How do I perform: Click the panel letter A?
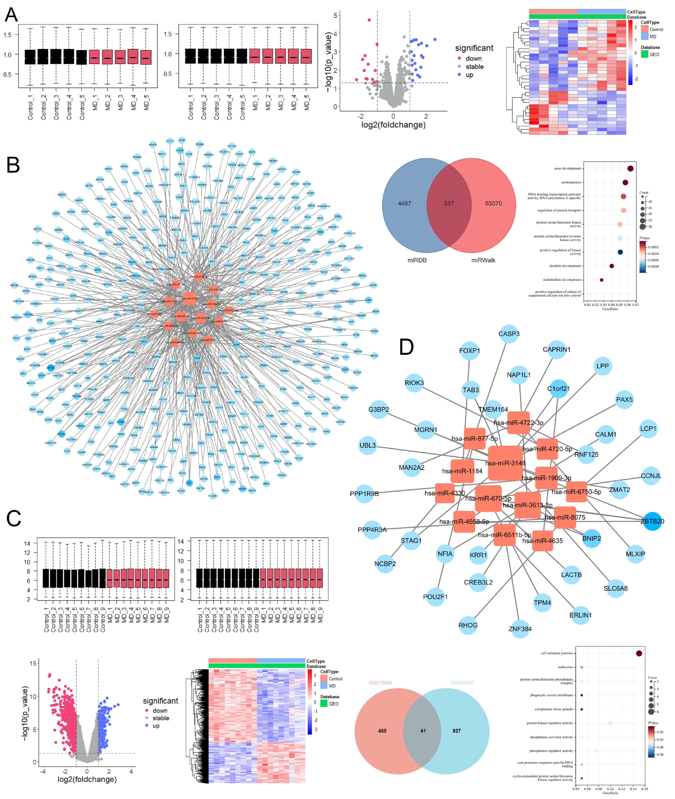[11, 15]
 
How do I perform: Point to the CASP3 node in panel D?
[509, 334]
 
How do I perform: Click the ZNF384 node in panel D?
[520, 629]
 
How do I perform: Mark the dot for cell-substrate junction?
[639, 653]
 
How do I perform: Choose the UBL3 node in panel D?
[368, 445]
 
